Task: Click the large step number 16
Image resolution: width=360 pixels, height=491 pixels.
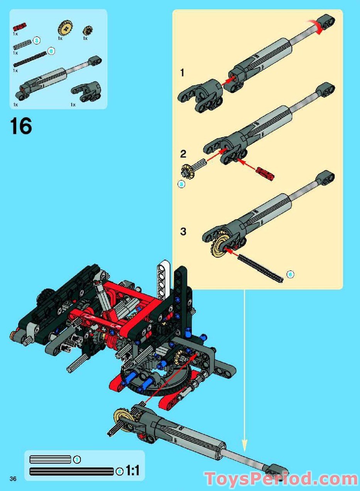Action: click(x=21, y=126)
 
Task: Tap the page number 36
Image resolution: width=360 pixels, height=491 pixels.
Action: click(x=14, y=479)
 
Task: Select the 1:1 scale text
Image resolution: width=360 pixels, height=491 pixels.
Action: click(x=132, y=471)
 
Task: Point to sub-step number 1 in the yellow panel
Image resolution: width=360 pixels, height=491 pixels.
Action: click(x=183, y=73)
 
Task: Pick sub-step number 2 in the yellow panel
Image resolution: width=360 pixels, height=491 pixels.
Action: click(x=183, y=154)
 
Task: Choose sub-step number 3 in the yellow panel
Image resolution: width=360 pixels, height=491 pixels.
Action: click(x=183, y=232)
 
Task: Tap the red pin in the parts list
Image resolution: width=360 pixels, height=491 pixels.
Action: click(x=19, y=27)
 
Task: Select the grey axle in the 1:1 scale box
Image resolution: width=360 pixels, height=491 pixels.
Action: click(x=51, y=459)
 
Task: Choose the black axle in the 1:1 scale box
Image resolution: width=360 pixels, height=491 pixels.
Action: click(x=71, y=471)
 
